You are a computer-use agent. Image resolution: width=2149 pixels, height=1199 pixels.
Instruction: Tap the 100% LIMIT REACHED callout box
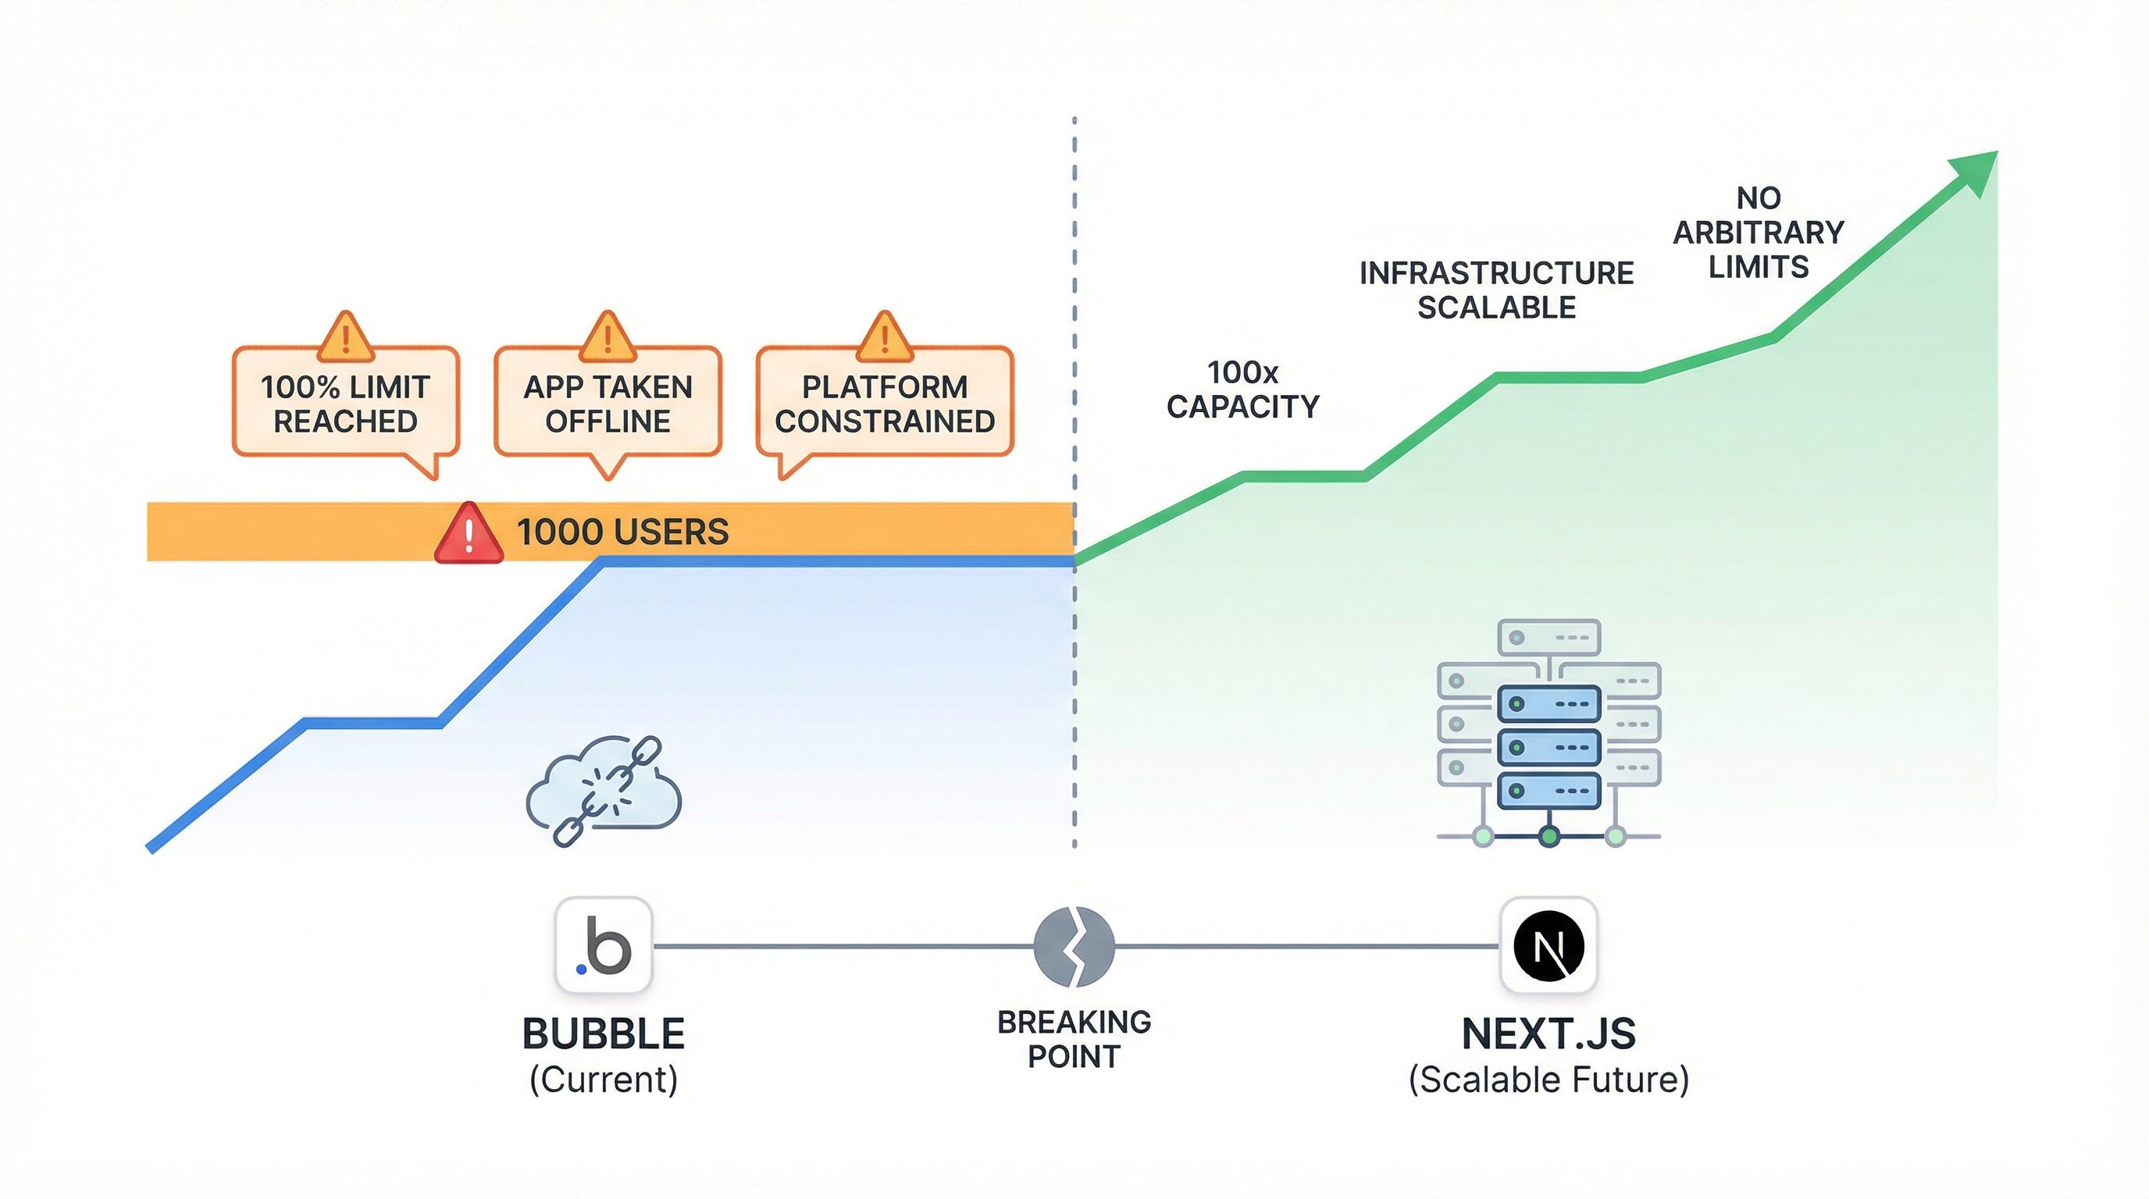point(345,404)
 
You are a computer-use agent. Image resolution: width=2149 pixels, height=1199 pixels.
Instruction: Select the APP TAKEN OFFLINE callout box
point(608,404)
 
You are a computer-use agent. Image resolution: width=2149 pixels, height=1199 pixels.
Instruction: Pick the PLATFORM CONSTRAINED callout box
point(884,404)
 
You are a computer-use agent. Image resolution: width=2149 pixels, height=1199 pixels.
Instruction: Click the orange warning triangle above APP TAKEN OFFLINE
point(608,339)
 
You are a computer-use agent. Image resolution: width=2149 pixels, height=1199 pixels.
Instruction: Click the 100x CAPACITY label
point(1242,390)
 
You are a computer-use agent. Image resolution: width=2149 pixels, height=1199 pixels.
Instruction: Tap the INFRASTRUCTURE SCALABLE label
point(1496,290)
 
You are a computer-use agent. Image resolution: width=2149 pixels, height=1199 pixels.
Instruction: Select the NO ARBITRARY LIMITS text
point(1758,233)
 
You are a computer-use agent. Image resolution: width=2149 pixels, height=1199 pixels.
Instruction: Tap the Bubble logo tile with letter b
point(603,945)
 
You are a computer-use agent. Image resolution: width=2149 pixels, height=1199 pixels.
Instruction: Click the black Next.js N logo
point(1548,945)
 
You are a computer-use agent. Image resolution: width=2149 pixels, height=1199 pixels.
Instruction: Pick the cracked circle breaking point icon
point(1074,946)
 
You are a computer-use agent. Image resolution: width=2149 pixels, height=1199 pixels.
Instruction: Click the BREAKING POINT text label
point(1074,1039)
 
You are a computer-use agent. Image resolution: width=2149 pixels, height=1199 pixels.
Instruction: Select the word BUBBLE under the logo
point(603,1034)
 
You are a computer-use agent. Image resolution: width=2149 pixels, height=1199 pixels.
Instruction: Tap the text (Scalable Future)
point(1548,1080)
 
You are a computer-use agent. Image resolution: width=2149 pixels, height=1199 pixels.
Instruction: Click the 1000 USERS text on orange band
point(622,532)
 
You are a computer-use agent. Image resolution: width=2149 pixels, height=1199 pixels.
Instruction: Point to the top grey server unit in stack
point(1548,638)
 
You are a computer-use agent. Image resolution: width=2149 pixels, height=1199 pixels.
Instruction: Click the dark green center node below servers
point(1548,836)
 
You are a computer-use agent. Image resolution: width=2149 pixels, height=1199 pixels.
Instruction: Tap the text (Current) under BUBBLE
point(603,1080)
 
